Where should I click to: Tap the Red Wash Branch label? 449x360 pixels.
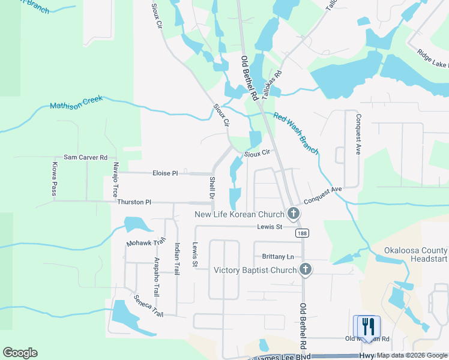(295, 133)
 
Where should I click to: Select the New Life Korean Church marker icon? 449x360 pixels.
(294, 213)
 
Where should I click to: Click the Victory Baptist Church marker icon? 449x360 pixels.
(306, 269)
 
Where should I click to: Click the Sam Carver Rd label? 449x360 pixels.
(85, 157)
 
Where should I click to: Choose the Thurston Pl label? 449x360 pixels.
(130, 202)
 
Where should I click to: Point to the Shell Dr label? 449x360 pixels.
(211, 188)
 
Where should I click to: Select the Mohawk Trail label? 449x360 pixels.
(146, 242)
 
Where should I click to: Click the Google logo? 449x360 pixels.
(20, 353)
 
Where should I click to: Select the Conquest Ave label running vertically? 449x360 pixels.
(358, 134)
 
